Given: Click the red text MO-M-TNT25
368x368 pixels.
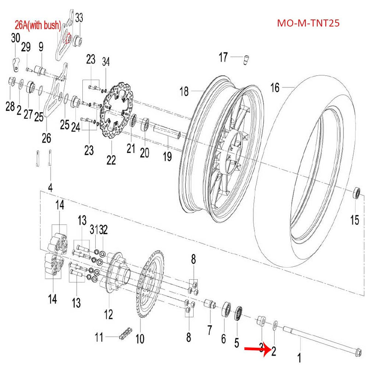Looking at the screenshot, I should click(x=308, y=23).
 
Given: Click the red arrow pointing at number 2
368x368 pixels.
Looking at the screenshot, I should click(x=256, y=350).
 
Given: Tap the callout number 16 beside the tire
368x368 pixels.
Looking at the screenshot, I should click(x=275, y=87).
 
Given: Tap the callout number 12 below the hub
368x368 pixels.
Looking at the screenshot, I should click(x=108, y=315).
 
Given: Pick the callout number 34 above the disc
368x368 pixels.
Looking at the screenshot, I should click(x=106, y=62).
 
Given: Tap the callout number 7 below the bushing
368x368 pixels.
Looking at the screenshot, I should click(x=209, y=330).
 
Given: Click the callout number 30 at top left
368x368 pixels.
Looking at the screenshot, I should click(x=15, y=38).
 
